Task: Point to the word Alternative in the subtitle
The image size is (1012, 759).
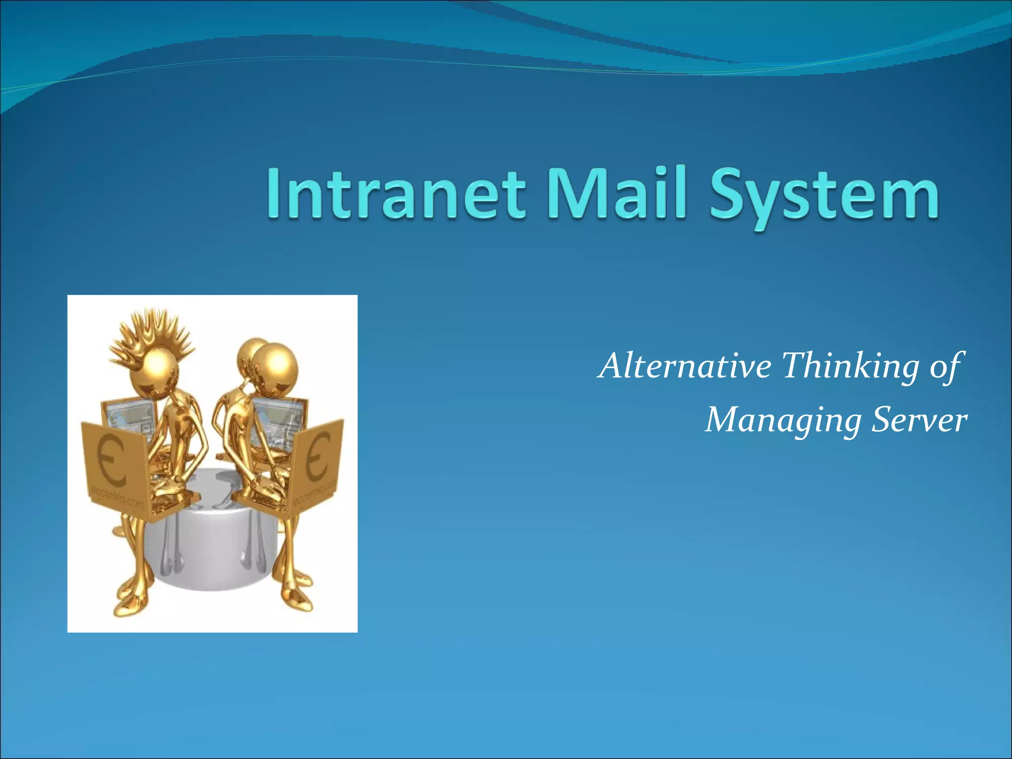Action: click(x=685, y=366)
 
